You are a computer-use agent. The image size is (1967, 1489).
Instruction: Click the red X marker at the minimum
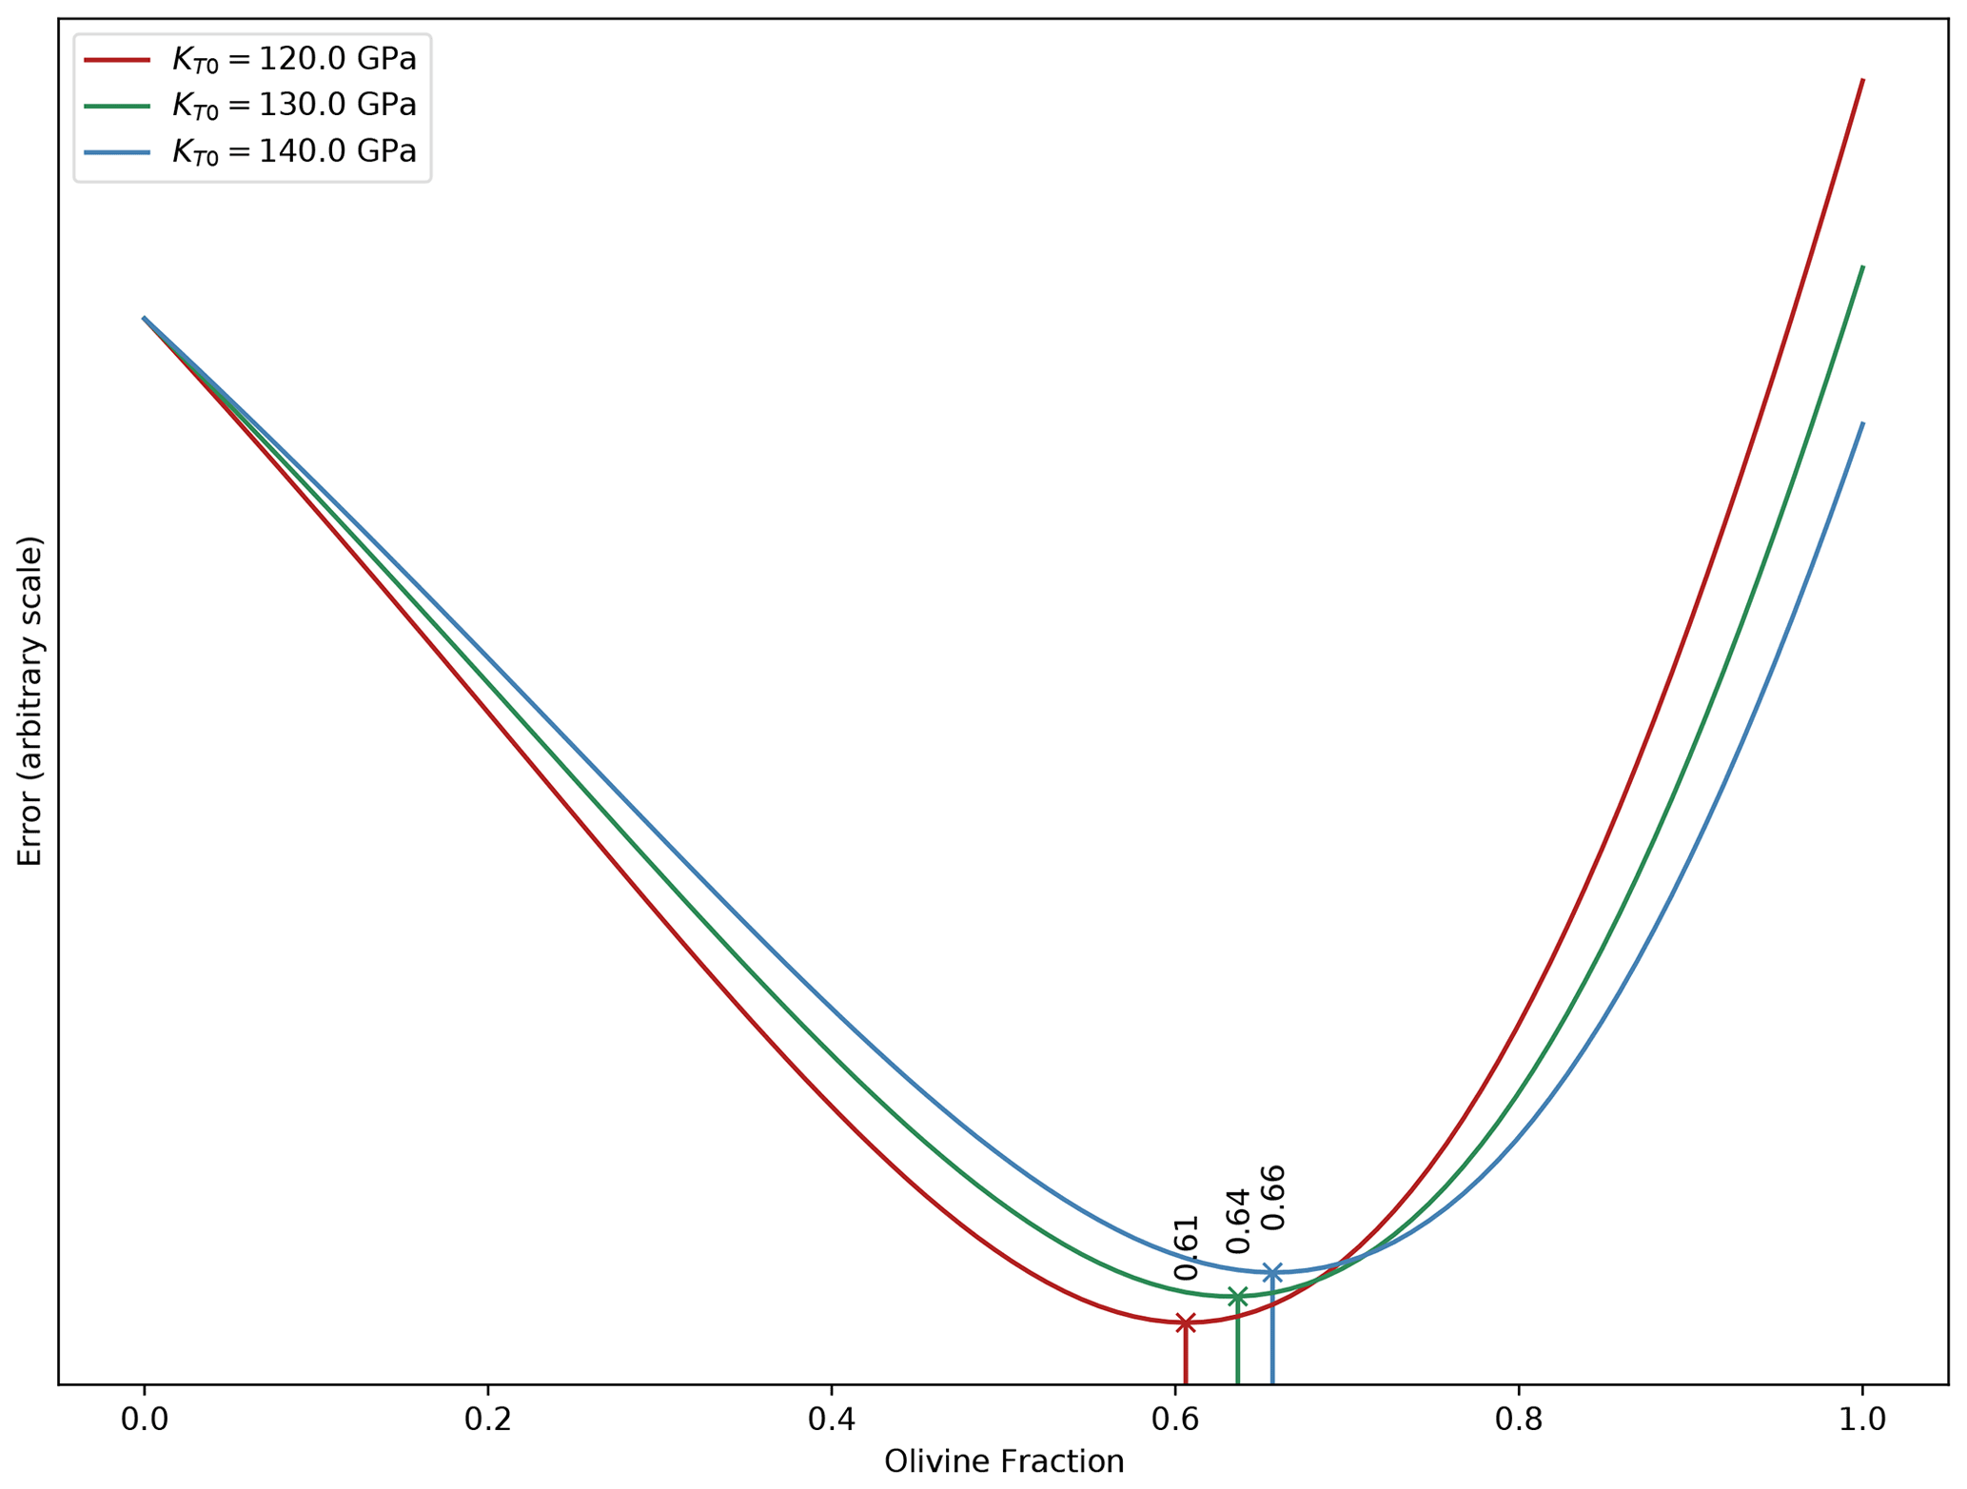1185,1322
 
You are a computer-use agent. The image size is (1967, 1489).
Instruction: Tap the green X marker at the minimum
1237,1297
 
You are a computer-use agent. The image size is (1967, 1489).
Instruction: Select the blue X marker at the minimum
1272,1272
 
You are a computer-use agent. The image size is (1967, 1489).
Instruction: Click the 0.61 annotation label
1186,1247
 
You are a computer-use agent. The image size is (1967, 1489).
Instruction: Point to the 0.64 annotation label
1237,1221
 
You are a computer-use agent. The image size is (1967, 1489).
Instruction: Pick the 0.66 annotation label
1273,1197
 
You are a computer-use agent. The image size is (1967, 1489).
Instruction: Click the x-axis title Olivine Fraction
1004,1461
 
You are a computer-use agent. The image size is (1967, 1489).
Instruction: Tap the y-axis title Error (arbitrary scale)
30,701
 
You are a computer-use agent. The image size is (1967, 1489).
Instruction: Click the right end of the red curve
1862,80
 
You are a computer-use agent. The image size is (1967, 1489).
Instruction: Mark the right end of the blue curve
1862,423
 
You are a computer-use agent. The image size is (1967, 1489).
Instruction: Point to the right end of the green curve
1862,266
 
